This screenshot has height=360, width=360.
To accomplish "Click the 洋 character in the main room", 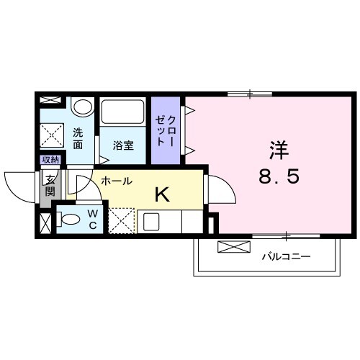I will coord(279,151).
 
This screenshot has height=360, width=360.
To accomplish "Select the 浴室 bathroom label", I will coord(123,145).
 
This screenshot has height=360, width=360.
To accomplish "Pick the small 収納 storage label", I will coord(50,160).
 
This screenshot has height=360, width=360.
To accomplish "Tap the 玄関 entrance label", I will coord(50,186).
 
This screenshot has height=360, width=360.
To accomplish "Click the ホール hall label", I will coord(115,182).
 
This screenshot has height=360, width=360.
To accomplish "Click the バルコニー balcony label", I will coord(285,256).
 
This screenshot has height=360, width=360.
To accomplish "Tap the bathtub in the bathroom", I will coord(124,112).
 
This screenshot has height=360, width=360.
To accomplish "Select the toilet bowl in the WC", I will coord(69,217).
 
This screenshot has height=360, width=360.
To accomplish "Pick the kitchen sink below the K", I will coord(151,221).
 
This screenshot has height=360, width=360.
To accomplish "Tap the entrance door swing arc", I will coord(22,186).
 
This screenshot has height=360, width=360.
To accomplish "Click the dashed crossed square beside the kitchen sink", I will coord(120,220).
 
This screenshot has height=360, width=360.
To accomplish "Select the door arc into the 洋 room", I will coord(220,191).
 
